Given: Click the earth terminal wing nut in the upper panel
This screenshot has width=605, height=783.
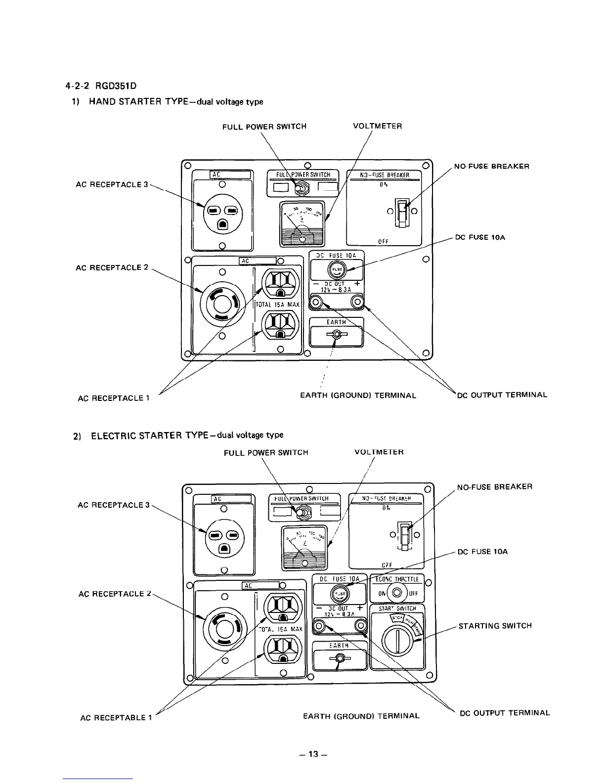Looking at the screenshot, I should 336,335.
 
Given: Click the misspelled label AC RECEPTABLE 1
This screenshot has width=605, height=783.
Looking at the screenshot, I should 116,717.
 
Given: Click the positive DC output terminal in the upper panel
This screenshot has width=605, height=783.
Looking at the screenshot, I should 357,302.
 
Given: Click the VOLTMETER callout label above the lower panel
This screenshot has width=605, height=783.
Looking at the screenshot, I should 379,452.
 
